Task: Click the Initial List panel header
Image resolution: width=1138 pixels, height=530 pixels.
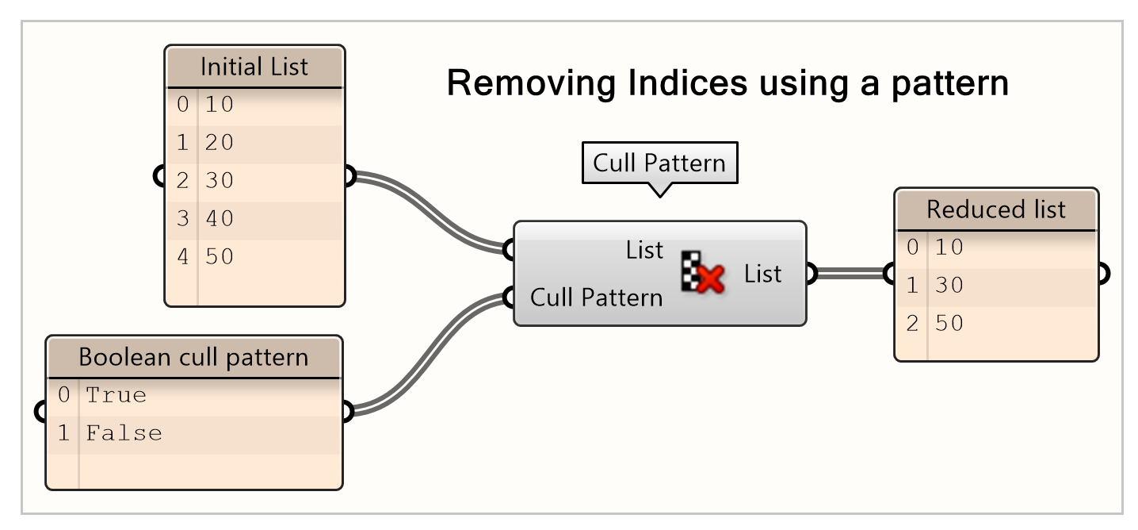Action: pos(254,67)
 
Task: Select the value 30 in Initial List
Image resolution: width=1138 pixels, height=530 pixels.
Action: pos(219,180)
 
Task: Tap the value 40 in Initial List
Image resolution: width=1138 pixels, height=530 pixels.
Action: pos(219,218)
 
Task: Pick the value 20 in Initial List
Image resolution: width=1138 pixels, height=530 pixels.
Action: pos(219,143)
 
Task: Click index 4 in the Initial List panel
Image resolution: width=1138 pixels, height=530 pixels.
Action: pos(183,256)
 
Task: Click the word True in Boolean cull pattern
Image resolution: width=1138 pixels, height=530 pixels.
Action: pos(116,394)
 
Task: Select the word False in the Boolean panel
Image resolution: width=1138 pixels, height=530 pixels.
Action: pos(124,432)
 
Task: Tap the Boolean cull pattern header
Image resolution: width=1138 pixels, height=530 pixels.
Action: pos(193,357)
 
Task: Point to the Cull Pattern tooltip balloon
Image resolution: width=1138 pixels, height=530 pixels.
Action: pos(659,163)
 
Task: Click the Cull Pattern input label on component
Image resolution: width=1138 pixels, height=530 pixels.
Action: pos(596,298)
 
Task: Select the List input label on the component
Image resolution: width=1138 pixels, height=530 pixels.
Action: pos(644,250)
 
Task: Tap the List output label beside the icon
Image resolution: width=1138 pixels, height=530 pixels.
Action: pos(762,274)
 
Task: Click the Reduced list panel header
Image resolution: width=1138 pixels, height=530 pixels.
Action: pos(995,210)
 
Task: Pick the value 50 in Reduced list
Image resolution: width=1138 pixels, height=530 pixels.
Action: pos(949,323)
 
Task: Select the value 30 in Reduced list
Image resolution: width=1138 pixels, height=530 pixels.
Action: pos(949,285)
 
